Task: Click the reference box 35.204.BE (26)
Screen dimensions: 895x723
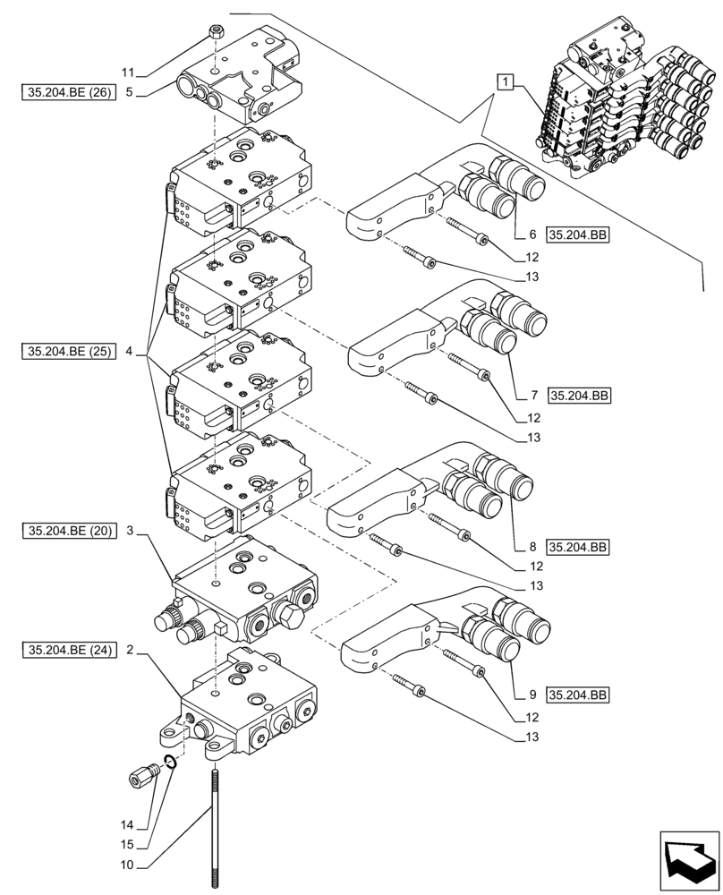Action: [x=67, y=91]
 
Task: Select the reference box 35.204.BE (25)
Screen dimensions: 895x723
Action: [x=67, y=351]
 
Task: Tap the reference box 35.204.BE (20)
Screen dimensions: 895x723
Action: [x=67, y=531]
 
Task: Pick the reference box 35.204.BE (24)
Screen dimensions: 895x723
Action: [x=67, y=651]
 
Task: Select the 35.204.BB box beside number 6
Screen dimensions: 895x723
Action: [x=576, y=235]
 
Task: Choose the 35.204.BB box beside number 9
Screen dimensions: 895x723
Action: [x=576, y=695]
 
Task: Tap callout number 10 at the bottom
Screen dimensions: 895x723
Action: [x=128, y=865]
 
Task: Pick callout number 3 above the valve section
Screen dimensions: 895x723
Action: [x=130, y=531]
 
